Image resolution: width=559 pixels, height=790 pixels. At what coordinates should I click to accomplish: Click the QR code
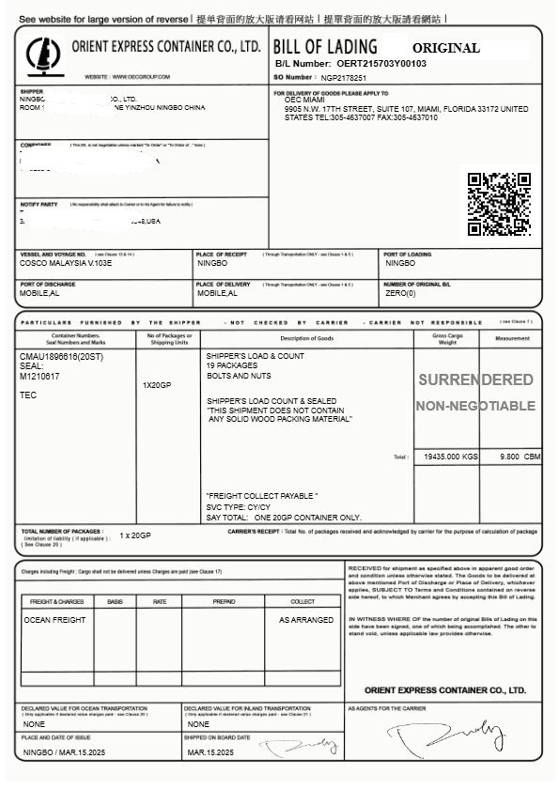pos(499,203)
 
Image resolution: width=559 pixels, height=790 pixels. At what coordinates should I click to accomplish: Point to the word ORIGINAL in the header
pos(445,48)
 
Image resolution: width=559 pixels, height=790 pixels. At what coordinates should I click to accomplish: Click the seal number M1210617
pos(39,377)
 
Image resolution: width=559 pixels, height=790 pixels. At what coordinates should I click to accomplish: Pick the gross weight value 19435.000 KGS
pos(451,457)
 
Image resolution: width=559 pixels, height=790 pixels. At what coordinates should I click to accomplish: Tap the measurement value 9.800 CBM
pos(520,457)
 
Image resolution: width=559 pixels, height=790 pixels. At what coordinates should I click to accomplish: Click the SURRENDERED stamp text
pos(475,380)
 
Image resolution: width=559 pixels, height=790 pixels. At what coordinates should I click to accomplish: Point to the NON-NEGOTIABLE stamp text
pos(475,407)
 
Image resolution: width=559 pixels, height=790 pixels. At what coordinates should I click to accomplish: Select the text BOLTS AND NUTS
pos(239,376)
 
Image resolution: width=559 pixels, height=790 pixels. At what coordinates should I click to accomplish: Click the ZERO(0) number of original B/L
pos(401,293)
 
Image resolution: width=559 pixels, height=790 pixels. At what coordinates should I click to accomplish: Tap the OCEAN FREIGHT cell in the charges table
pos(54,620)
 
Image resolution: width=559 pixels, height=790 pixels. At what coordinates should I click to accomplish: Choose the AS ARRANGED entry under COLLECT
pos(305,620)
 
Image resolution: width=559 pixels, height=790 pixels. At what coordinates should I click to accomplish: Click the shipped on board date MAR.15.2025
pos(210,752)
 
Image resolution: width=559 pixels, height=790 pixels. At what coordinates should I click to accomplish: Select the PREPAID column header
pos(225,601)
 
